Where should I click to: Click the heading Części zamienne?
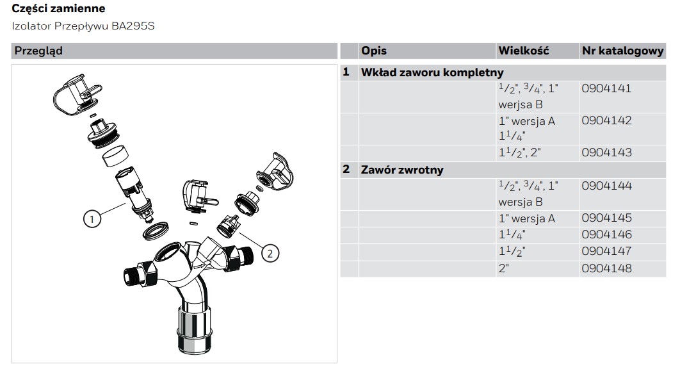click(x=58, y=9)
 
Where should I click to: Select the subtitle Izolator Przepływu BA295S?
click(x=83, y=26)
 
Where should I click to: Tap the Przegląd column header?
click(x=38, y=51)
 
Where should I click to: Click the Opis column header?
click(x=374, y=51)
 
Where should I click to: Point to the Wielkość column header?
click(x=523, y=51)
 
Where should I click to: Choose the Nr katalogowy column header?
click(x=623, y=51)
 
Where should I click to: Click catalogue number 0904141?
click(x=606, y=88)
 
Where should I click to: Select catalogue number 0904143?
click(x=606, y=152)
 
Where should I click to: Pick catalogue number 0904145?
click(x=606, y=218)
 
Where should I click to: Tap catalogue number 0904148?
click(x=606, y=268)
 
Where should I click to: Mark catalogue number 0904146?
click(x=606, y=234)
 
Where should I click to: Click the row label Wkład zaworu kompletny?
click(x=432, y=72)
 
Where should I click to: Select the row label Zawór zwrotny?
click(x=402, y=170)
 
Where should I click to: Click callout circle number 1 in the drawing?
click(x=92, y=219)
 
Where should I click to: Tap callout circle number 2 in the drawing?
click(x=270, y=253)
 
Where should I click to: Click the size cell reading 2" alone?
click(x=503, y=268)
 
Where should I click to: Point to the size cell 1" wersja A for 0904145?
click(x=526, y=218)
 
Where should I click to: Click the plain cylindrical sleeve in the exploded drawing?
click(x=116, y=156)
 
